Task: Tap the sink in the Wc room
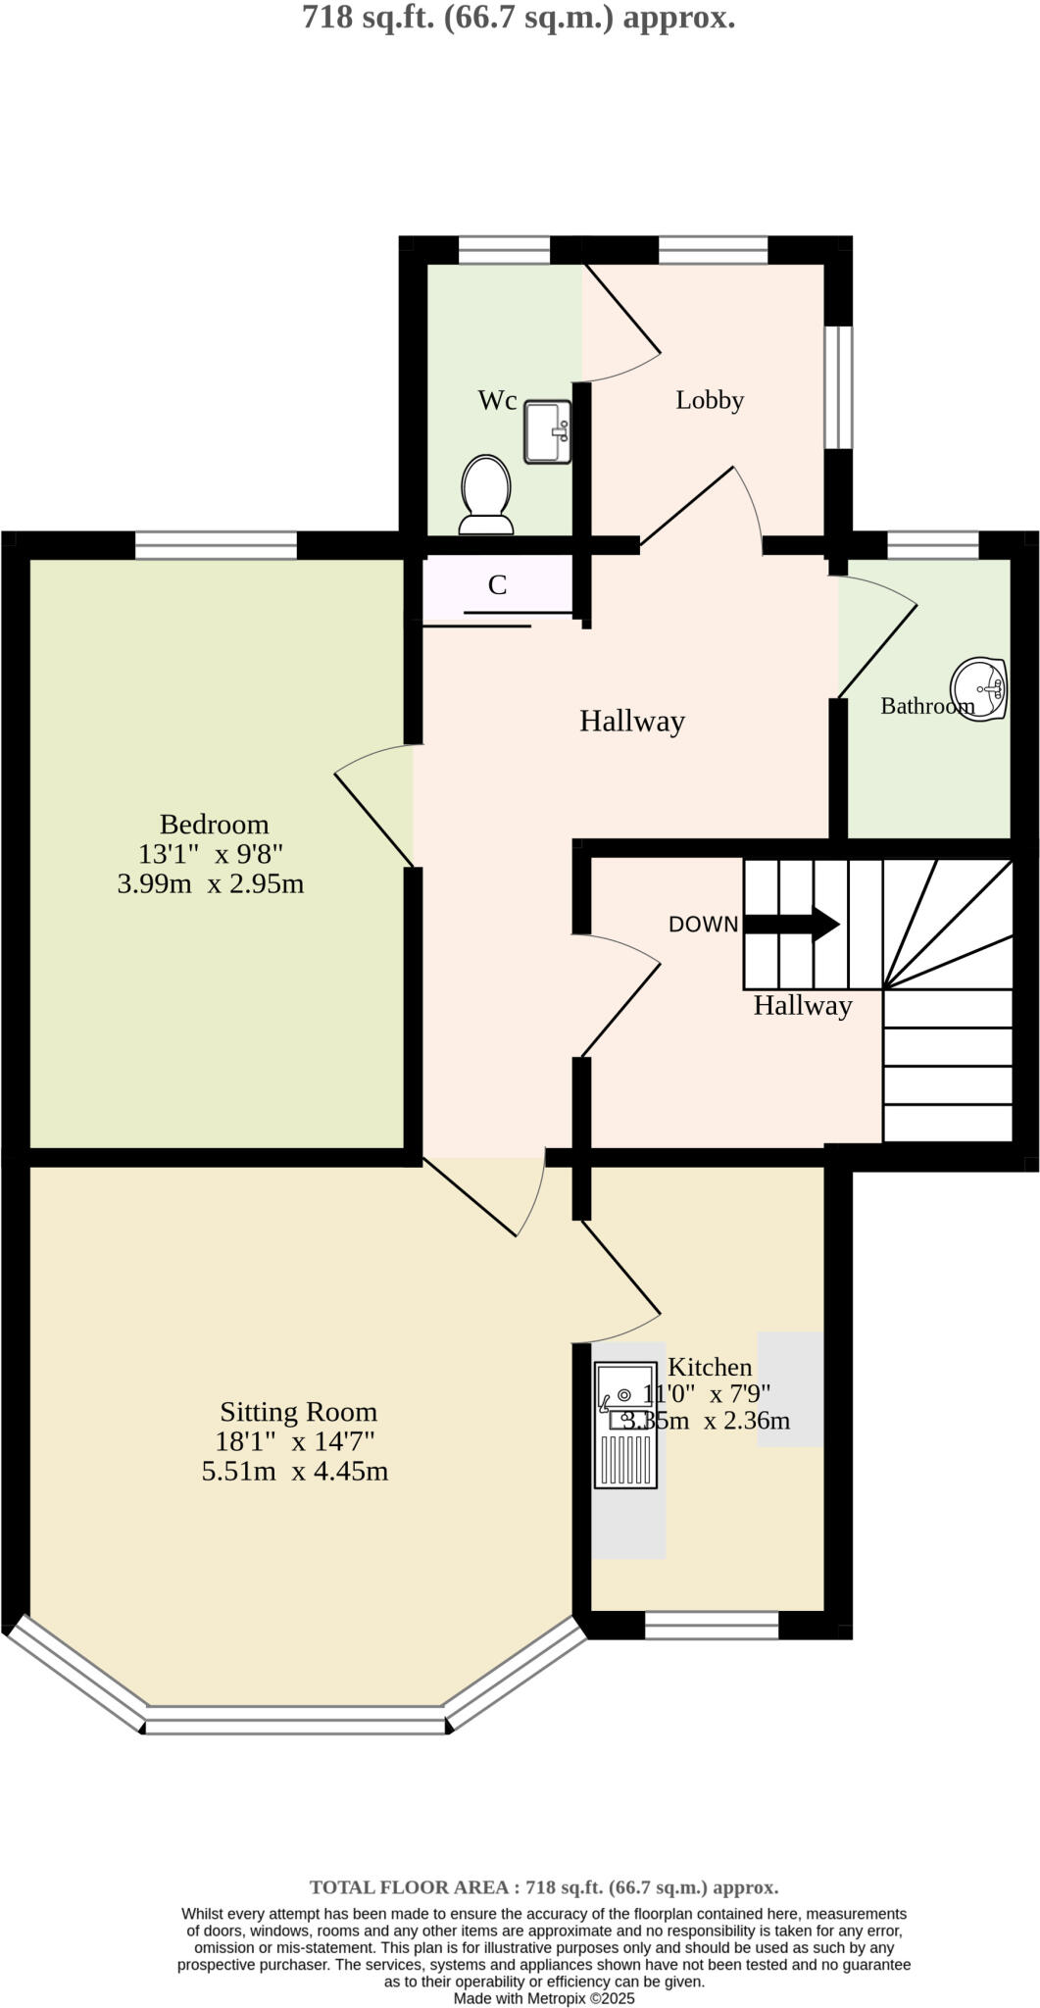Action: (x=547, y=431)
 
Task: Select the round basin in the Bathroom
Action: (x=979, y=688)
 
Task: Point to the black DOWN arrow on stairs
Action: (x=792, y=924)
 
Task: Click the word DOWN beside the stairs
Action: (x=703, y=924)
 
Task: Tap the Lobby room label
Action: (x=710, y=400)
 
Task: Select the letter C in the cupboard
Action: (x=497, y=585)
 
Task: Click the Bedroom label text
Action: (x=214, y=824)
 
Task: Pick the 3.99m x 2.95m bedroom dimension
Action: (x=211, y=883)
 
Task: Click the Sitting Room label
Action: (x=298, y=1412)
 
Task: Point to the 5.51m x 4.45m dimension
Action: (x=295, y=1471)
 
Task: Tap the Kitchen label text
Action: (x=710, y=1367)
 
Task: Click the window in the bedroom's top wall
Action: (x=216, y=545)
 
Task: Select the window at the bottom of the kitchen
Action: (x=712, y=1625)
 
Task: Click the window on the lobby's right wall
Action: (x=837, y=386)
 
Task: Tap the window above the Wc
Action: (x=504, y=250)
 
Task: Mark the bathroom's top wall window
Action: (x=932, y=545)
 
